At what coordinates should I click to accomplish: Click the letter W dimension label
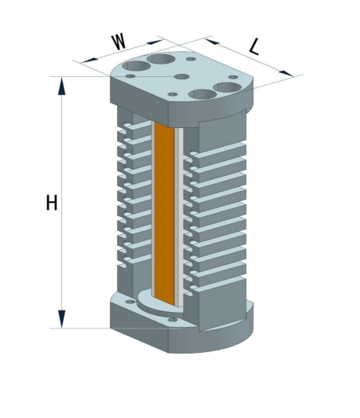(x=119, y=42)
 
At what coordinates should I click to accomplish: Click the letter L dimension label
(x=255, y=47)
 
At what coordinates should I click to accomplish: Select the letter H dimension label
(x=51, y=203)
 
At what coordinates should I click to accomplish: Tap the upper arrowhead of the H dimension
(x=61, y=86)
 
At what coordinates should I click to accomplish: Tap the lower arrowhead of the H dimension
(x=61, y=319)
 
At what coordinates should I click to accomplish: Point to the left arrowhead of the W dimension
(x=90, y=60)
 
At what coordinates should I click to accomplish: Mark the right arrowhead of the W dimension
(x=155, y=42)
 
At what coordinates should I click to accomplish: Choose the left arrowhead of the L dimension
(x=211, y=41)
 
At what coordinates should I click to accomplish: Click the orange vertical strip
(x=164, y=213)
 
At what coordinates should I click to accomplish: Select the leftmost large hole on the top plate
(x=136, y=66)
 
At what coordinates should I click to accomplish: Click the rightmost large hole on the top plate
(x=228, y=87)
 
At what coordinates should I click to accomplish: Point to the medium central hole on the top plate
(x=182, y=77)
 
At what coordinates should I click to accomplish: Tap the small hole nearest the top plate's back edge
(x=191, y=59)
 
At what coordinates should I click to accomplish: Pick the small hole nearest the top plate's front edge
(x=173, y=94)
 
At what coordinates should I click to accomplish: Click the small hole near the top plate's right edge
(x=233, y=77)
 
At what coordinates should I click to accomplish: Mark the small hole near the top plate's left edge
(x=130, y=76)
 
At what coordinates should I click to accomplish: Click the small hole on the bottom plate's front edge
(x=173, y=319)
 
